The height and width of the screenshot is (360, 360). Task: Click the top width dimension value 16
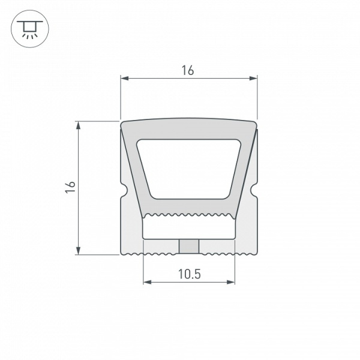pos(188,70)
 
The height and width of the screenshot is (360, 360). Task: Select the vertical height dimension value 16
pos(70,187)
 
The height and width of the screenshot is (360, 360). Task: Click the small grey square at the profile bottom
pos(188,246)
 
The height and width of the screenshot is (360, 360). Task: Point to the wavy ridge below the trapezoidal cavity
pos(188,215)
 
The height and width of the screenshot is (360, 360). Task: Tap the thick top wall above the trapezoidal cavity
pos(188,129)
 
